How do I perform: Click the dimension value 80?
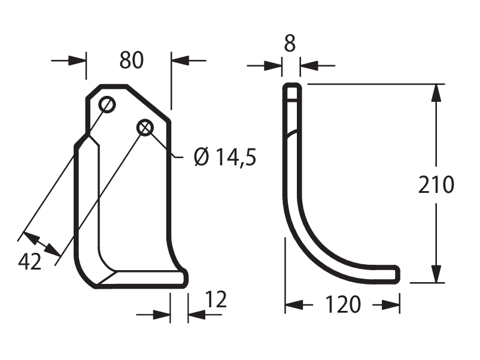(x=131, y=60)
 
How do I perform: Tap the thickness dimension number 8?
(x=290, y=44)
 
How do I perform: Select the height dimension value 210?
(x=436, y=184)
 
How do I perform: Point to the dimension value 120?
(x=342, y=304)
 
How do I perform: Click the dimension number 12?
(x=216, y=299)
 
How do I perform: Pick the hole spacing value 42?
(x=29, y=262)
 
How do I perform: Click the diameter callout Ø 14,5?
(x=225, y=156)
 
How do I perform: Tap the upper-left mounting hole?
(x=107, y=105)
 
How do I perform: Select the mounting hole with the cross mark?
(x=145, y=128)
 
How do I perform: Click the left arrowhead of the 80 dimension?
(x=77, y=60)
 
